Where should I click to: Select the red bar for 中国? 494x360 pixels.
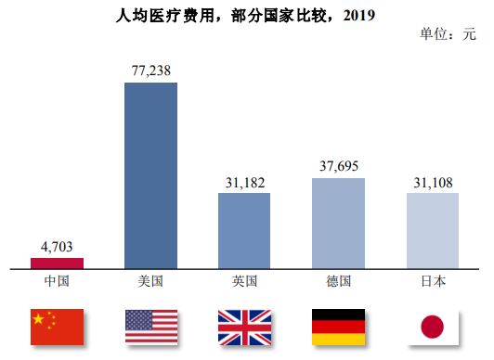57,263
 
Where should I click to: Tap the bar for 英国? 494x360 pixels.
244,231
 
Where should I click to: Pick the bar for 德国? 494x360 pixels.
338,224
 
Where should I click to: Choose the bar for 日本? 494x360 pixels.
432,231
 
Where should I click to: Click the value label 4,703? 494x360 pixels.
57,247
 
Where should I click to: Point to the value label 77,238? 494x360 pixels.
150,71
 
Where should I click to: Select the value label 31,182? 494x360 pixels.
244,182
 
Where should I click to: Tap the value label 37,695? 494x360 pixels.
338,167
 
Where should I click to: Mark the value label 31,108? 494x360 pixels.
432,182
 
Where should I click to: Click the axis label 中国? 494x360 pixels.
57,281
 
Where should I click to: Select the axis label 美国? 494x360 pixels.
150,281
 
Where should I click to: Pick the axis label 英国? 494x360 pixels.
244,281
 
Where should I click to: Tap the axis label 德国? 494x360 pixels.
338,281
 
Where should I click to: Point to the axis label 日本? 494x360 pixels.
432,281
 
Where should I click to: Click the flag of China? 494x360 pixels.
57,325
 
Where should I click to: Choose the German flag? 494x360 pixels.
338,325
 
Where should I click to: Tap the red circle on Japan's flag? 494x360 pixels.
432,327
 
